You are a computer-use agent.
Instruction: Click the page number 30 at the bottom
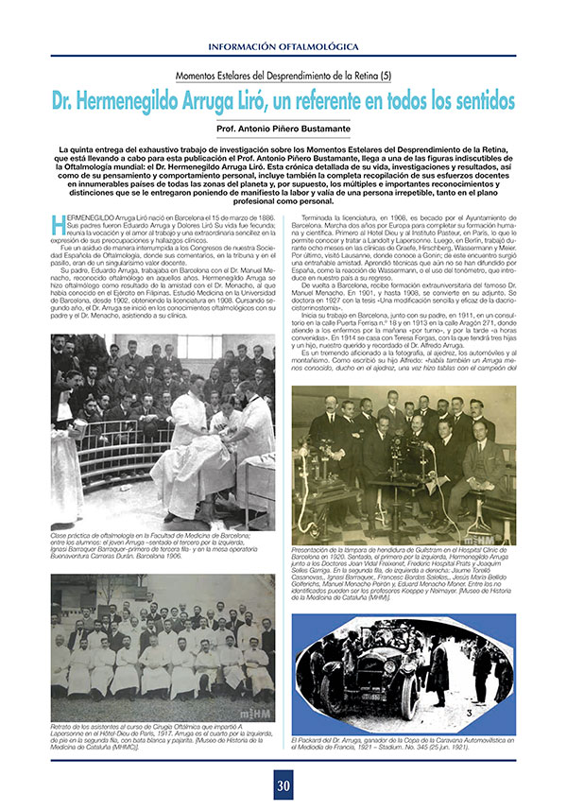click(283, 784)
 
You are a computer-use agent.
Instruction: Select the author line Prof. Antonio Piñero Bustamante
click(283, 128)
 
